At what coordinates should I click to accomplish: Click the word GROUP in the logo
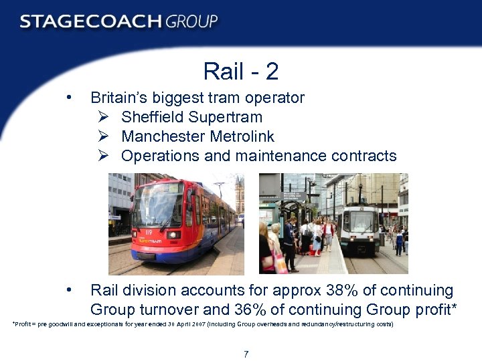(x=192, y=22)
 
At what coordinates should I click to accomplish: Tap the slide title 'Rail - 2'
(x=240, y=71)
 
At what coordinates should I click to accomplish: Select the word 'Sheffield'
(x=152, y=118)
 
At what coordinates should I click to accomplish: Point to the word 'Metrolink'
(x=242, y=137)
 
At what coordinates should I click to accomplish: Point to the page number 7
(x=246, y=354)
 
